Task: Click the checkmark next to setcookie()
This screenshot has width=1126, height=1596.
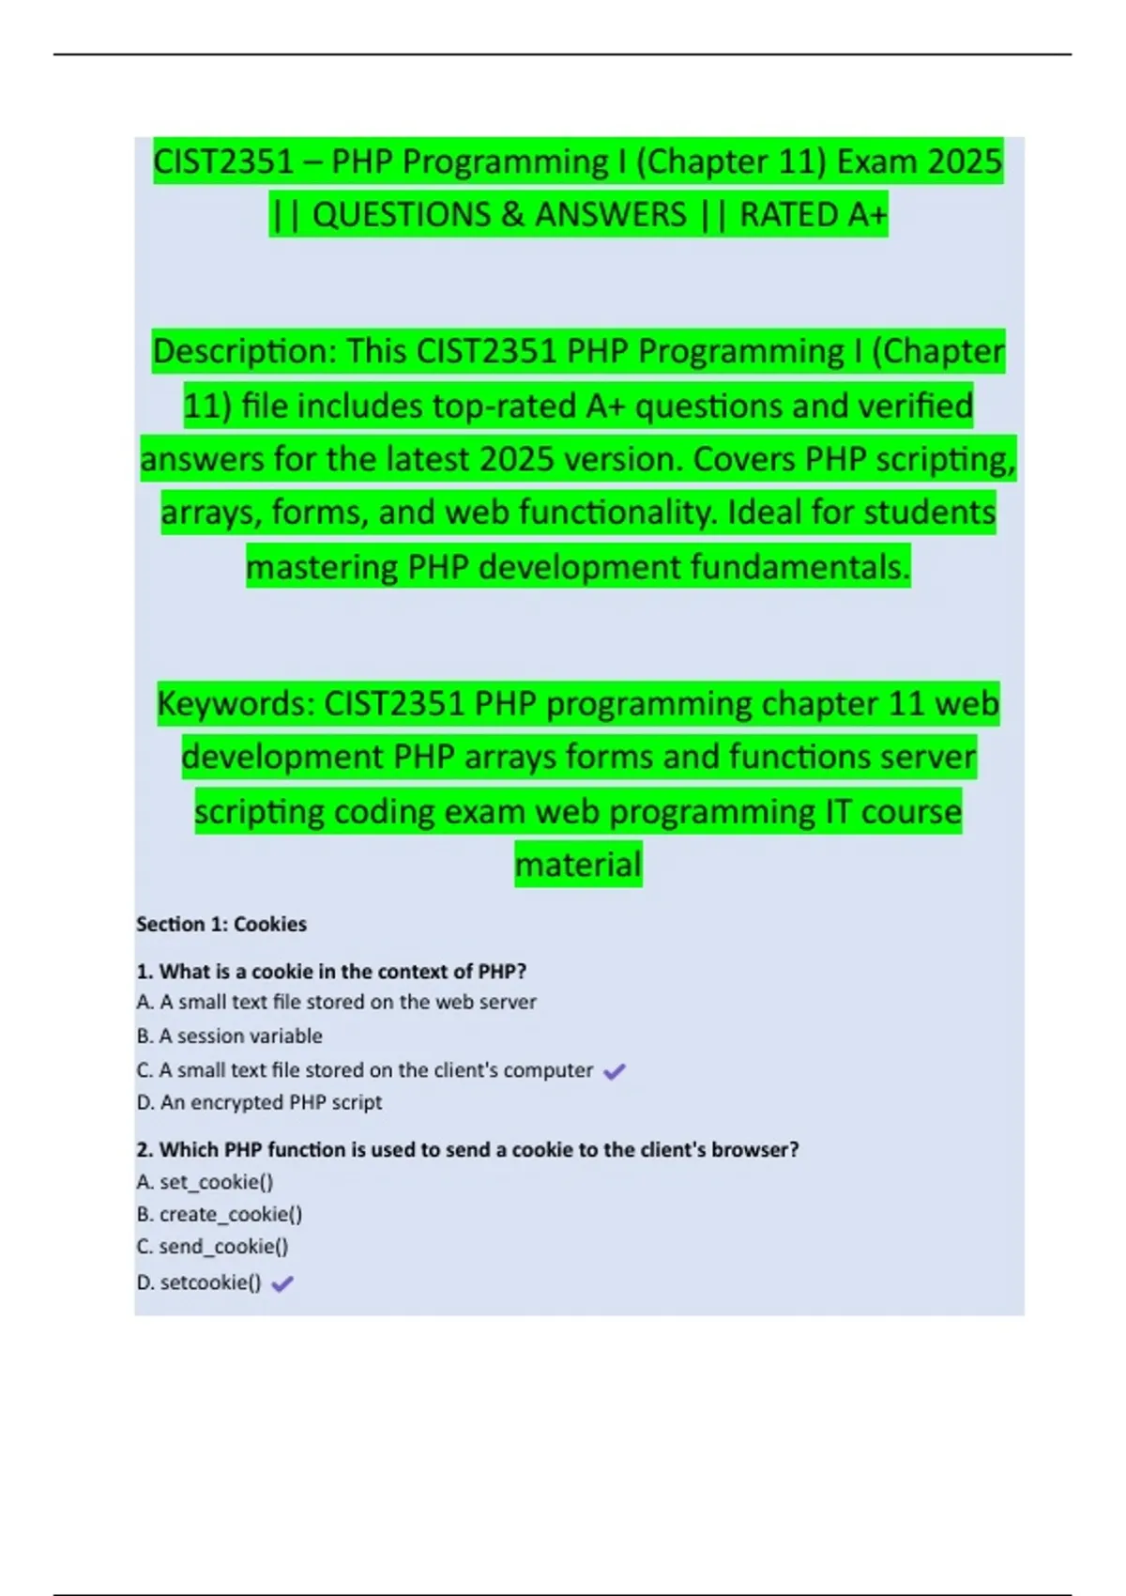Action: (x=282, y=1283)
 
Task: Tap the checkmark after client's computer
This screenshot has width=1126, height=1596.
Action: (x=615, y=1071)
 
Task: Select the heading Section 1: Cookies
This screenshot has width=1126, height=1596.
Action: (x=221, y=924)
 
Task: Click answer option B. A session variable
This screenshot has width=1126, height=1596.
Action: (x=230, y=1036)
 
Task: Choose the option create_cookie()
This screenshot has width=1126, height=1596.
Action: (x=221, y=1214)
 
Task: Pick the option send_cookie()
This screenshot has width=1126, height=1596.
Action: (x=213, y=1247)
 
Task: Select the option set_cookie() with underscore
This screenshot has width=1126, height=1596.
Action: (x=205, y=1182)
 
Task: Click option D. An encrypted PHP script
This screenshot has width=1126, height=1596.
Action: (x=260, y=1102)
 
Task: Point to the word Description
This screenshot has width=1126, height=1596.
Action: (x=244, y=352)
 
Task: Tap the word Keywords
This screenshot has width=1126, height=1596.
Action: (x=235, y=704)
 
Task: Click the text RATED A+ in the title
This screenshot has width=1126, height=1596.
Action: (x=813, y=215)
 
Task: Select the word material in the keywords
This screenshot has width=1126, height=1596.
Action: (x=578, y=864)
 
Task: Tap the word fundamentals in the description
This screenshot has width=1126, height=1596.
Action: (x=799, y=567)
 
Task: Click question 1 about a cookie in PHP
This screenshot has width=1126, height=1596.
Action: (x=332, y=971)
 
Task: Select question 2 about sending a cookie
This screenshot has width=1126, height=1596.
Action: (x=468, y=1149)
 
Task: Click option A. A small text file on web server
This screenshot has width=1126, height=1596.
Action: (x=337, y=1002)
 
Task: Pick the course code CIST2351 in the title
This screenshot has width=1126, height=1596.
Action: (x=223, y=162)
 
